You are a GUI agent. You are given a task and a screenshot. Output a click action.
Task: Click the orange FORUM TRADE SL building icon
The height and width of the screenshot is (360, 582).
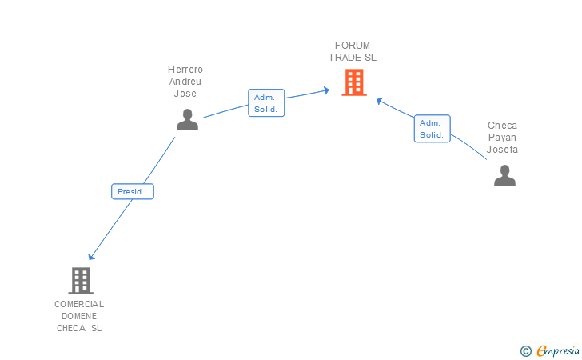(x=354, y=82)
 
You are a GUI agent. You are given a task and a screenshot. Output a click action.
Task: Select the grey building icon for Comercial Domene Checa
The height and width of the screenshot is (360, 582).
(x=81, y=281)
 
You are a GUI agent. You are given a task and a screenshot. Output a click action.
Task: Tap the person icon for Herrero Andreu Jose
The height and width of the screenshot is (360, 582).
(x=187, y=120)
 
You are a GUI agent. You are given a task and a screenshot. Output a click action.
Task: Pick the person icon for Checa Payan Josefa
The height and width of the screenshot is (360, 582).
(x=504, y=176)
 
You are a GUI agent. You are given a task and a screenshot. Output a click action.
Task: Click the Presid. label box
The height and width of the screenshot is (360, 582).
(x=133, y=191)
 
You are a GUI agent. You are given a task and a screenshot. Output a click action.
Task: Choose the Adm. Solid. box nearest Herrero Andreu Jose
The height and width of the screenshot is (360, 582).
(x=266, y=103)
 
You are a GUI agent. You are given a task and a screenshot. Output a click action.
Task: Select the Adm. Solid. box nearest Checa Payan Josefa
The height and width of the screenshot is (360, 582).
(x=432, y=129)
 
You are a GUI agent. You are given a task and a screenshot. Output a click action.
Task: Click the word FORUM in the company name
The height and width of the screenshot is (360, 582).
(x=353, y=46)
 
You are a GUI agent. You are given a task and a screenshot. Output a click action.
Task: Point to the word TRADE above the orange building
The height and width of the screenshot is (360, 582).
(x=345, y=58)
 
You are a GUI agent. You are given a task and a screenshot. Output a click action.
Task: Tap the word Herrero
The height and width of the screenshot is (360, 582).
(x=185, y=70)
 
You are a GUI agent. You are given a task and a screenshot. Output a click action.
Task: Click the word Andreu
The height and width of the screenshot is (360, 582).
(x=185, y=82)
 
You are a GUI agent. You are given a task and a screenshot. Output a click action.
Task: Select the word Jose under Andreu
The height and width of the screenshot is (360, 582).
(x=185, y=94)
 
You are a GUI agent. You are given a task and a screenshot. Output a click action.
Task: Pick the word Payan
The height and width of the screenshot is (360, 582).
(x=502, y=138)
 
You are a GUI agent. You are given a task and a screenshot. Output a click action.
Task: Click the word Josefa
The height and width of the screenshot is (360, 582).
(x=502, y=150)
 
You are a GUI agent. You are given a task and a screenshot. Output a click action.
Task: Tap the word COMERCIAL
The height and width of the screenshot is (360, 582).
(x=79, y=304)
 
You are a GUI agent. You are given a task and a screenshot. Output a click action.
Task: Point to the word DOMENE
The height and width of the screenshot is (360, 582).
(x=79, y=316)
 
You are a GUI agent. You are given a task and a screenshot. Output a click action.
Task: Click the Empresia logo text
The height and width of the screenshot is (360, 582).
(x=558, y=350)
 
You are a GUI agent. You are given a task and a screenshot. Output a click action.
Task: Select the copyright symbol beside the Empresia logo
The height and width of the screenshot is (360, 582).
(x=526, y=351)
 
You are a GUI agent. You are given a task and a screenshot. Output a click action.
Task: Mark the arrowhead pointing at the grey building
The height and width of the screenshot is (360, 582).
(x=91, y=256)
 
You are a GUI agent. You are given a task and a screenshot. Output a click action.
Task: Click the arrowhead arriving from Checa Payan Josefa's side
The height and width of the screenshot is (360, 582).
(x=380, y=101)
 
